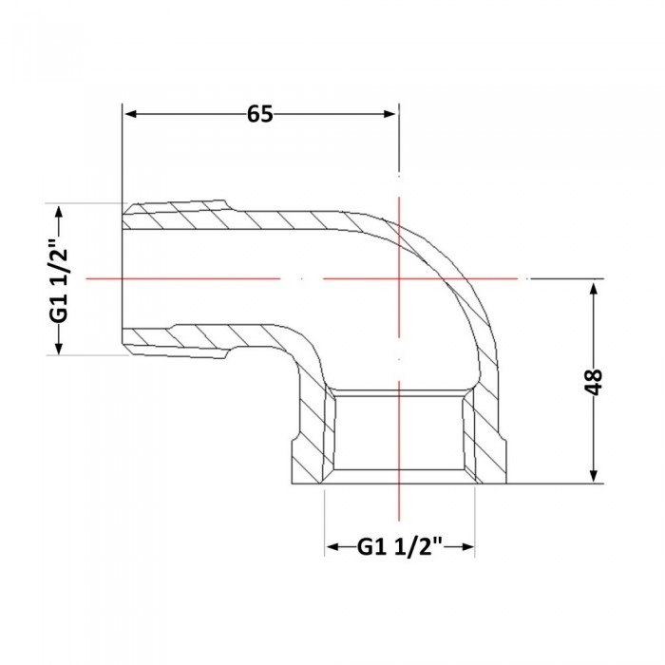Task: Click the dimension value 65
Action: [260, 114]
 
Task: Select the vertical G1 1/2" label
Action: [59, 279]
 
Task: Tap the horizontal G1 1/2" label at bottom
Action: [400, 546]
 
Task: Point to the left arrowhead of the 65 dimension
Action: [131, 114]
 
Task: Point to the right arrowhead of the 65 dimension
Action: [389, 114]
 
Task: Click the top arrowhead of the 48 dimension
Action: [594, 289]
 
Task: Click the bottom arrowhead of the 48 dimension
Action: [594, 475]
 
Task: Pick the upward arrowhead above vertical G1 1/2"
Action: [59, 211]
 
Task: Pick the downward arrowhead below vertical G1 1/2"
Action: [59, 347]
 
